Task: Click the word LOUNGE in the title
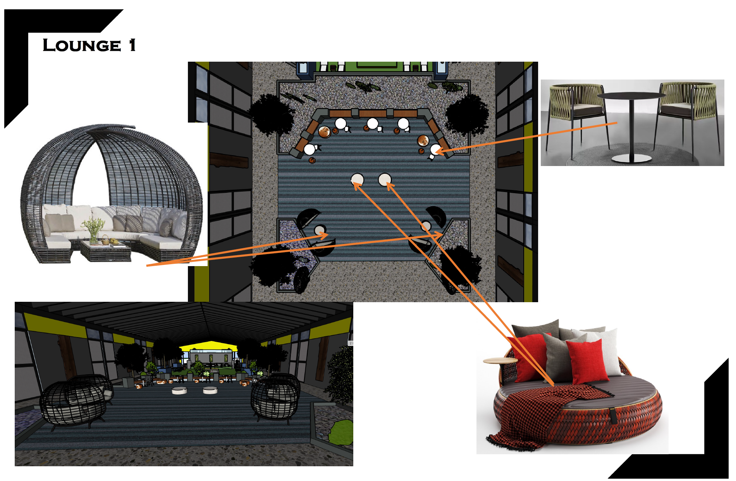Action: click(x=82, y=45)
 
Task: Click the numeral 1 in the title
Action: click(x=132, y=45)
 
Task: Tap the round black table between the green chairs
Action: click(x=631, y=97)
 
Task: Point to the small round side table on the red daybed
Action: click(x=500, y=361)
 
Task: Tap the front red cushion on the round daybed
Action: click(x=586, y=361)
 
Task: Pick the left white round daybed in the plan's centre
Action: click(x=357, y=180)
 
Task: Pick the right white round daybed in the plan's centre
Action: click(x=385, y=180)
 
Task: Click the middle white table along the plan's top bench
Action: click(x=373, y=124)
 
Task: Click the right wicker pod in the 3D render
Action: click(x=275, y=396)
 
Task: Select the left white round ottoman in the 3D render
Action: click(x=179, y=390)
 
